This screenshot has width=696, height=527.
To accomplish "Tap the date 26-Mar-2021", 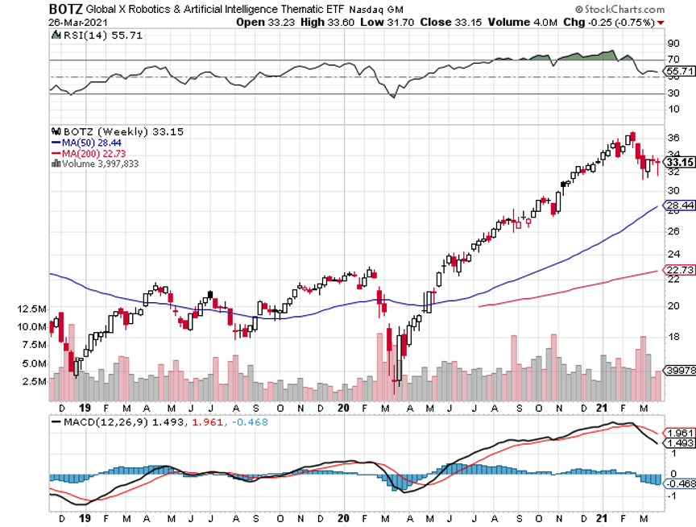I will (x=78, y=22).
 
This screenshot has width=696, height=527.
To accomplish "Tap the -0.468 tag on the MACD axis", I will (x=678, y=483).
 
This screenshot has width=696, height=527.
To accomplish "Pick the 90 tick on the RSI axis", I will (x=672, y=44).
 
